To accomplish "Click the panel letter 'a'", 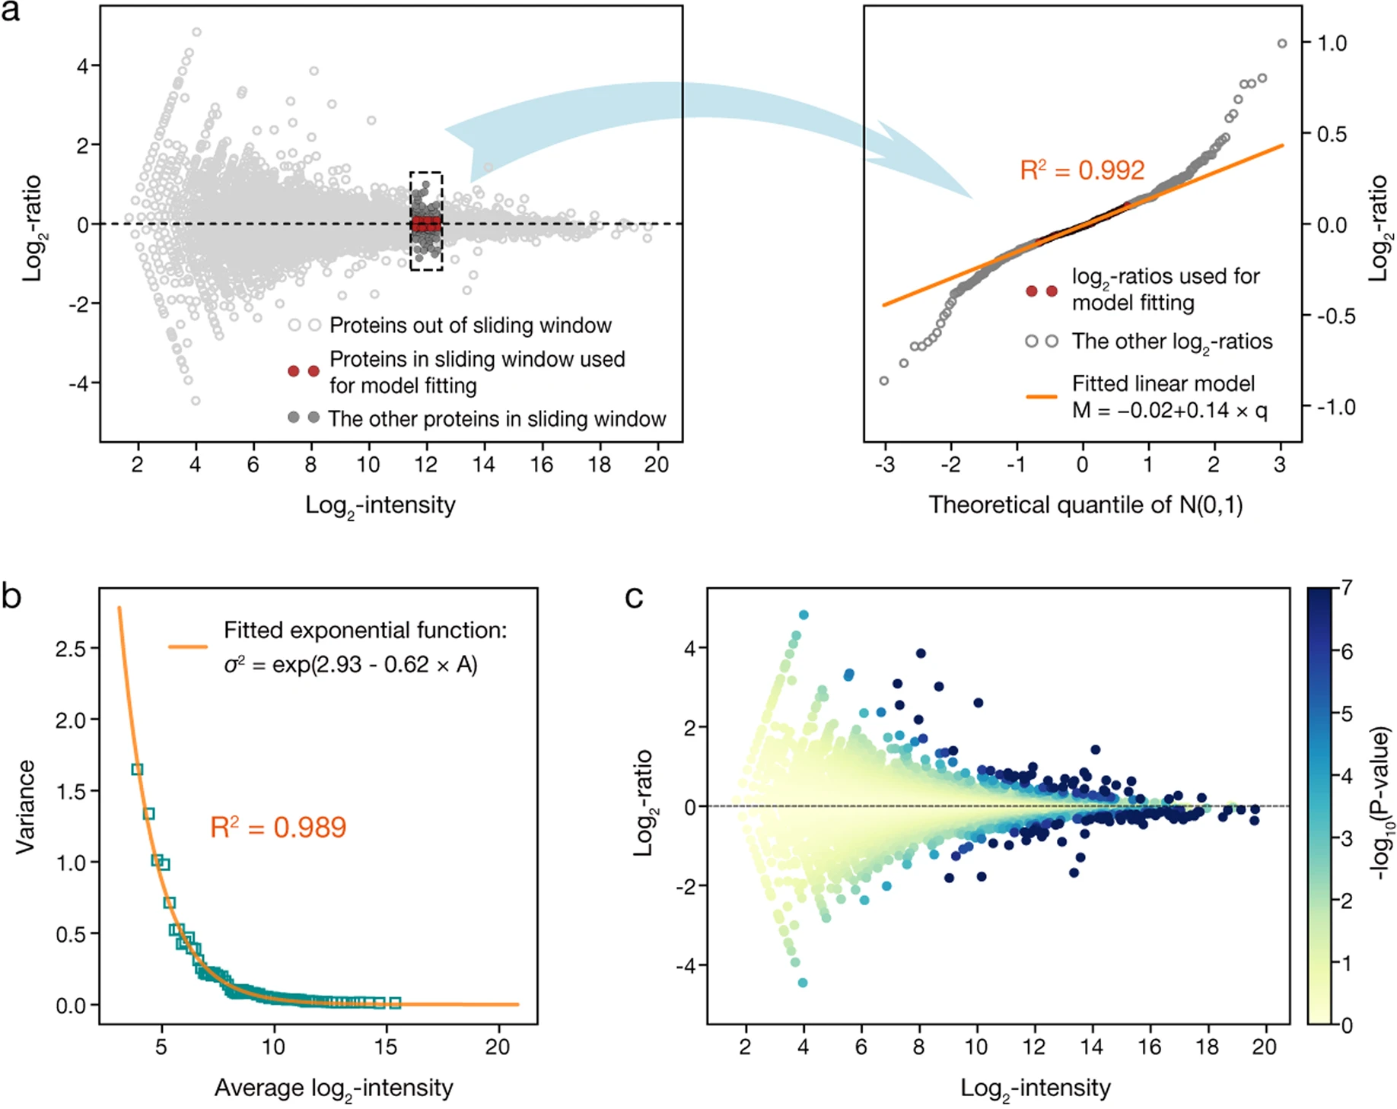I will click(11, 12).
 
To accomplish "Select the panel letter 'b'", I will click(11, 597).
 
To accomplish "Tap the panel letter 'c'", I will click(634, 597).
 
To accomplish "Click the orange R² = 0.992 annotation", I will click(1081, 170).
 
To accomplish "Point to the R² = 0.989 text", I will click(278, 828).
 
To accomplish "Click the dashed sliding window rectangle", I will click(426, 221).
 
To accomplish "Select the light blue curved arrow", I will click(670, 114).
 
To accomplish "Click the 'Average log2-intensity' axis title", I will click(333, 1088).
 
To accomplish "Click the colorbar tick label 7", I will click(1346, 587).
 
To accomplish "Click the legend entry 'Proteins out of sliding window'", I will click(469, 326).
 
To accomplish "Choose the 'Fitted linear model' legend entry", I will click(1163, 384).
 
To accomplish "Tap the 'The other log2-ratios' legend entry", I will click(1172, 342).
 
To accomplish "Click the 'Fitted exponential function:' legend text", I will click(364, 631).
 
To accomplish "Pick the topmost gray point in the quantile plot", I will click(1282, 43).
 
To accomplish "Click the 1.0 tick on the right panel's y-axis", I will click(1332, 43).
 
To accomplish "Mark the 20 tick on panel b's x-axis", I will click(498, 1047).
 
